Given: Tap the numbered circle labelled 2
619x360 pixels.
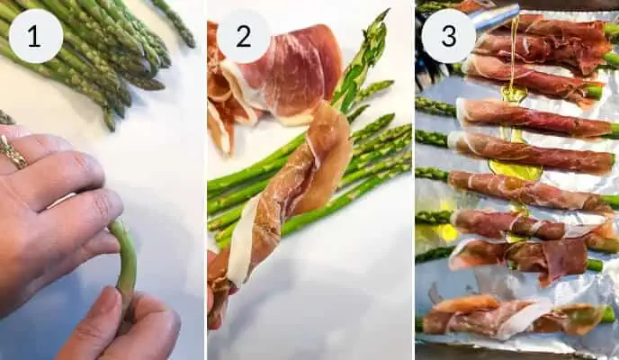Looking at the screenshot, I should [244, 36].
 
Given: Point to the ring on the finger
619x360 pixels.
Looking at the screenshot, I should [13, 153].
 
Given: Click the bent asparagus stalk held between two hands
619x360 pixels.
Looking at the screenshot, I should [126, 261].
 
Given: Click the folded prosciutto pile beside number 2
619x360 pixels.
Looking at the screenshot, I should [270, 76].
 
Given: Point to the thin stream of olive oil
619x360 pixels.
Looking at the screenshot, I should [515, 54].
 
